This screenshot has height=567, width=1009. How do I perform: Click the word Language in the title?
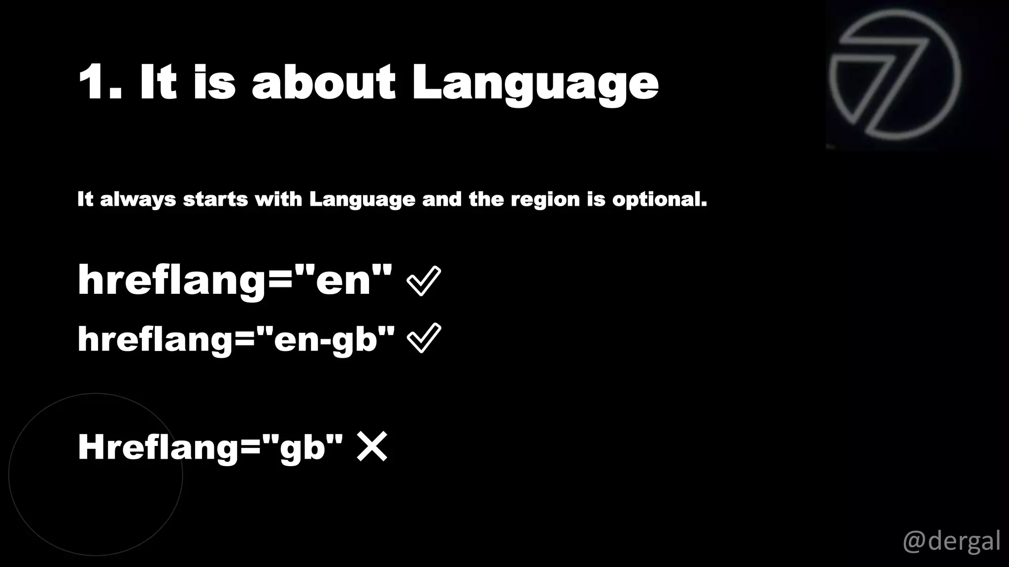tap(535, 84)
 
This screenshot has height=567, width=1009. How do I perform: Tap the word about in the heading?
tap(323, 82)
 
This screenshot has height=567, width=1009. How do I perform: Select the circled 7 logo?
tap(895, 75)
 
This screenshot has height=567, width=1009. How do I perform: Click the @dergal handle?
tap(951, 541)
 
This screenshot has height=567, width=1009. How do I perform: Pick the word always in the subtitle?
tap(138, 200)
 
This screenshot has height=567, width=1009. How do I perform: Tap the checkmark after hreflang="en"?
tap(424, 281)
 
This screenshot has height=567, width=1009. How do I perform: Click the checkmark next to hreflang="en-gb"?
tap(424, 338)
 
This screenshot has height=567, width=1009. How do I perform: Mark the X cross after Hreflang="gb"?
tap(372, 446)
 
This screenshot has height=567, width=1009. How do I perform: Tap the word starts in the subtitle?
tap(215, 199)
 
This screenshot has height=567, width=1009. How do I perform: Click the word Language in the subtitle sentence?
tap(362, 200)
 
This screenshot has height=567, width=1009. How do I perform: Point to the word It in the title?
tap(158, 82)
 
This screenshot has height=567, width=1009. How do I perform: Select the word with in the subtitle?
tap(278, 199)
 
